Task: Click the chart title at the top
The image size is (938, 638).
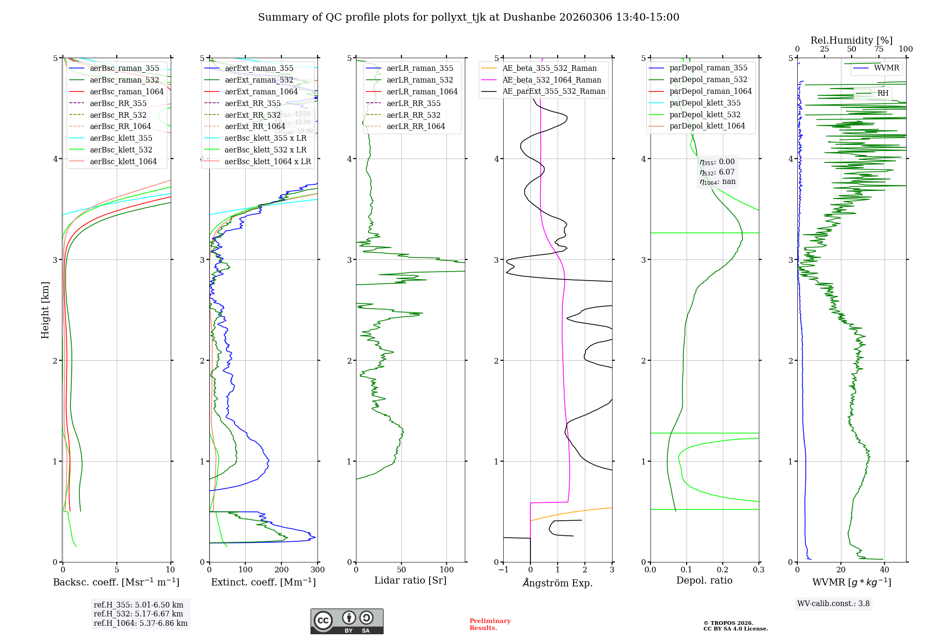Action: (469, 17)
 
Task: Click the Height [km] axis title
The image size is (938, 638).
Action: (45, 310)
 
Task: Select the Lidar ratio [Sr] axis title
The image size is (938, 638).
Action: (410, 580)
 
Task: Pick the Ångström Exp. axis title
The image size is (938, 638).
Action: (558, 583)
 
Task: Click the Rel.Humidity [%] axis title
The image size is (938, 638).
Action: (851, 40)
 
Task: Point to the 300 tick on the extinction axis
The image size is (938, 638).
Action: (318, 570)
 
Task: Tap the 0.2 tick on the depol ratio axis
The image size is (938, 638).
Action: (723, 570)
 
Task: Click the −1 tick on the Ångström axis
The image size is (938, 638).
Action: (503, 570)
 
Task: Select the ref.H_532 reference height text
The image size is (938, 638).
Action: (138, 614)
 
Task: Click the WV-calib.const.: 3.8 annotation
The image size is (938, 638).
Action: (833, 604)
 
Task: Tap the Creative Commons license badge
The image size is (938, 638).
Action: (347, 621)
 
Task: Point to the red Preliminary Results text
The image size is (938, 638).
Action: (490, 624)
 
